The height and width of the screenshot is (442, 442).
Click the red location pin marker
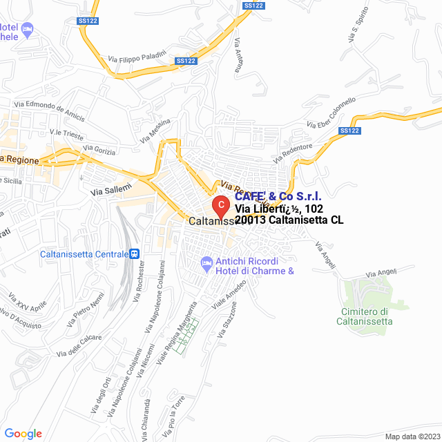[220, 206]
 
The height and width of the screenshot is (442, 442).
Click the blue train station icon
[135, 253]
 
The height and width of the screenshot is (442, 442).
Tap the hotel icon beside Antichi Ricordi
[206, 262]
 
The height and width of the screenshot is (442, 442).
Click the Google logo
[23, 433]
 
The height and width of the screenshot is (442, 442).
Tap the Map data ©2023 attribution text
[412, 436]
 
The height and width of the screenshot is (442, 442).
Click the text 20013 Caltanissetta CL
[289, 220]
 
